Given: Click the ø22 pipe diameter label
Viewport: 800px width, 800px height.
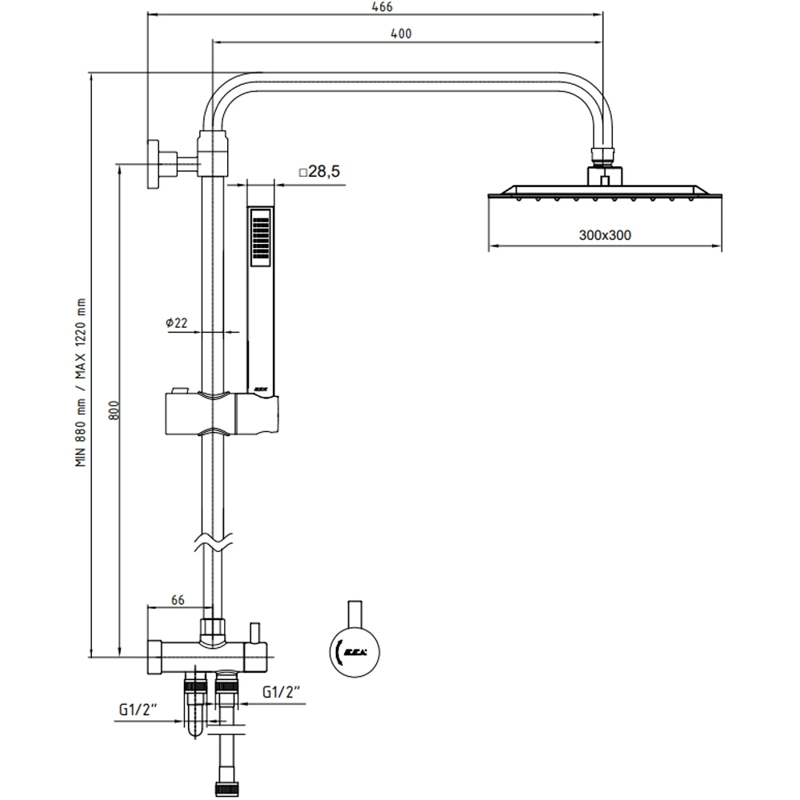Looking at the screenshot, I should pyautogui.click(x=177, y=322).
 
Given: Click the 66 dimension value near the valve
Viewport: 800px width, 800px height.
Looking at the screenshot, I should pyautogui.click(x=178, y=599).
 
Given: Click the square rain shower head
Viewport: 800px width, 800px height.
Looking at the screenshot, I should pyautogui.click(x=605, y=192).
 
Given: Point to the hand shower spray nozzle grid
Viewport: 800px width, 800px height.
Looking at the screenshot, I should pyautogui.click(x=260, y=238).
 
